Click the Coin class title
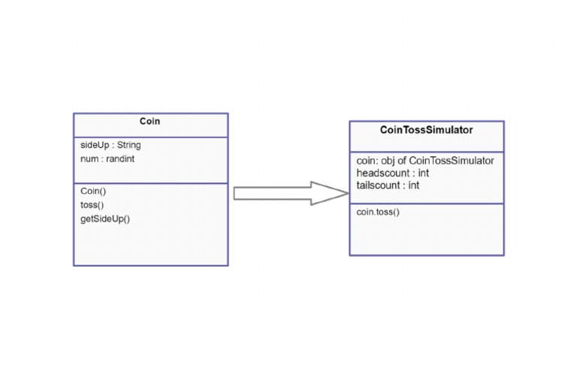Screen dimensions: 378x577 [150, 122]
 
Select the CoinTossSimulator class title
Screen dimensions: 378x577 [426, 130]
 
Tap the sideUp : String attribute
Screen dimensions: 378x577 [110, 145]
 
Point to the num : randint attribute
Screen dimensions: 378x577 [107, 159]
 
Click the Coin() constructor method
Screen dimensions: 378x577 [93, 191]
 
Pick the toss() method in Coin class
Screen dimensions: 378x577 [92, 204]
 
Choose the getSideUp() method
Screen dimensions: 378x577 [105, 219]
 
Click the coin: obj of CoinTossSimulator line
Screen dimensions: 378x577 [424, 161]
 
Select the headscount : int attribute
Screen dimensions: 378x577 [392, 173]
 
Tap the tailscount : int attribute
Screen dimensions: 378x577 [388, 185]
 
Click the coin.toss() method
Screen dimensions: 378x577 [378, 212]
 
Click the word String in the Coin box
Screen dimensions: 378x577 [128, 145]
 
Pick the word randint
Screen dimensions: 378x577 [119, 159]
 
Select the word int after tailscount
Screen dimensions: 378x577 [413, 185]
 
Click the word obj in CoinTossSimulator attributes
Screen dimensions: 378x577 [391, 161]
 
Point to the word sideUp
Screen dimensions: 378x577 [94, 145]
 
